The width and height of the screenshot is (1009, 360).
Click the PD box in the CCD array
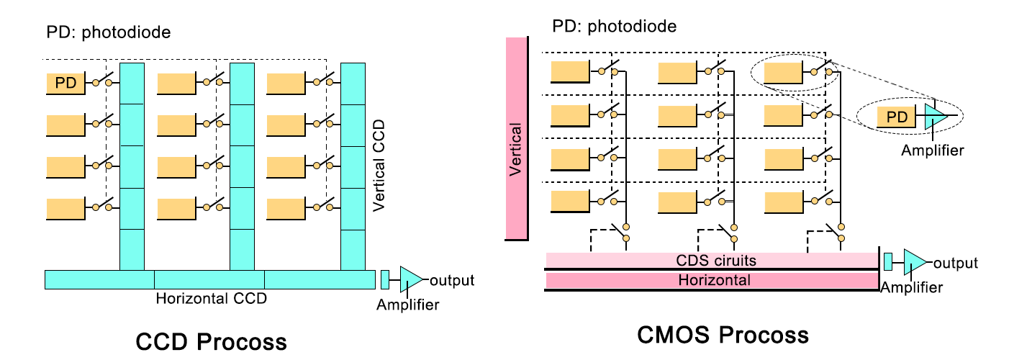coord(66,84)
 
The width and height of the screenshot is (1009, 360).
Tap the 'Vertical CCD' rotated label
coord(379,166)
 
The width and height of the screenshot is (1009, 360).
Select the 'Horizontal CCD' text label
coord(212,297)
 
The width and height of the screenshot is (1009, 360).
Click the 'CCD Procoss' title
coord(212,340)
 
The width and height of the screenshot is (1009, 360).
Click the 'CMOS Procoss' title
coord(723,335)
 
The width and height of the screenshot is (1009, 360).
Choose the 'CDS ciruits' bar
coord(711,259)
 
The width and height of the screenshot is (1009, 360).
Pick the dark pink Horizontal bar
coord(711,280)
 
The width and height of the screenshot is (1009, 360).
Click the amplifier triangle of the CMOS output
coord(914,262)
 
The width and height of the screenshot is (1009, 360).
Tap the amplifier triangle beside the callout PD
coord(934,116)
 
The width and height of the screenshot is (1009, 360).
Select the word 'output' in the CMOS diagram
coord(955,263)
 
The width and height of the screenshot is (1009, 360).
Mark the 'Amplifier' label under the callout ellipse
coord(932,150)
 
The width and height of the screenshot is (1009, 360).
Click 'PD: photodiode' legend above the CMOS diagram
coord(614,27)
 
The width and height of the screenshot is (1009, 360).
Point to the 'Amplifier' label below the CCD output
coord(407,305)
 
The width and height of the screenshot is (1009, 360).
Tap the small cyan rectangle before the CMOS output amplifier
coord(888,262)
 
